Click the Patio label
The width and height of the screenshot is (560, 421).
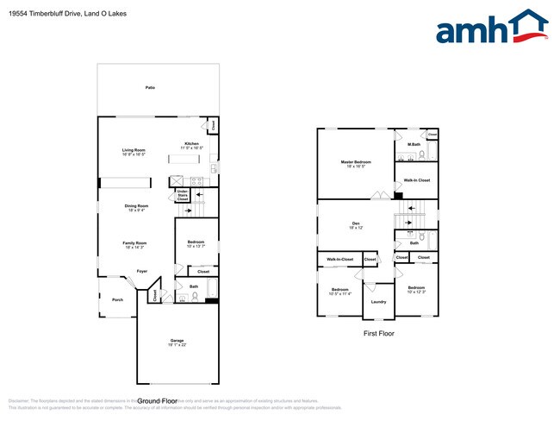click(150, 88)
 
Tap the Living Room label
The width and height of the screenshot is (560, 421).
click(134, 152)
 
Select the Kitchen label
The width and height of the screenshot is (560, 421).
click(191, 146)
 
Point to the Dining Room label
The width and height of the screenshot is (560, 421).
click(136, 207)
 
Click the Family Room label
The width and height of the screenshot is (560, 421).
click(134, 244)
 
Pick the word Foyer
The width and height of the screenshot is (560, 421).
click(130, 271)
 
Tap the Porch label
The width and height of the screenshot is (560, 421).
click(117, 300)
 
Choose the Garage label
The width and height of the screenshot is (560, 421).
click(177, 342)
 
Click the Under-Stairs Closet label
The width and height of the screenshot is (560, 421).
click(183, 195)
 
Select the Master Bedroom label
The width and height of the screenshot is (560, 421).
click(357, 164)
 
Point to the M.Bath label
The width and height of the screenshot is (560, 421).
click(414, 144)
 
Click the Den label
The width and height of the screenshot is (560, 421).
click(354, 225)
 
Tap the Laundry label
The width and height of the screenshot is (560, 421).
click(378, 301)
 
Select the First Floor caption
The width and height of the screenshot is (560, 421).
click(379, 332)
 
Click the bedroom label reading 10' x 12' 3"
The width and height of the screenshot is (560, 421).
click(417, 290)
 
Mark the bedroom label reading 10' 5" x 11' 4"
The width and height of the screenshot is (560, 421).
click(340, 292)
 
